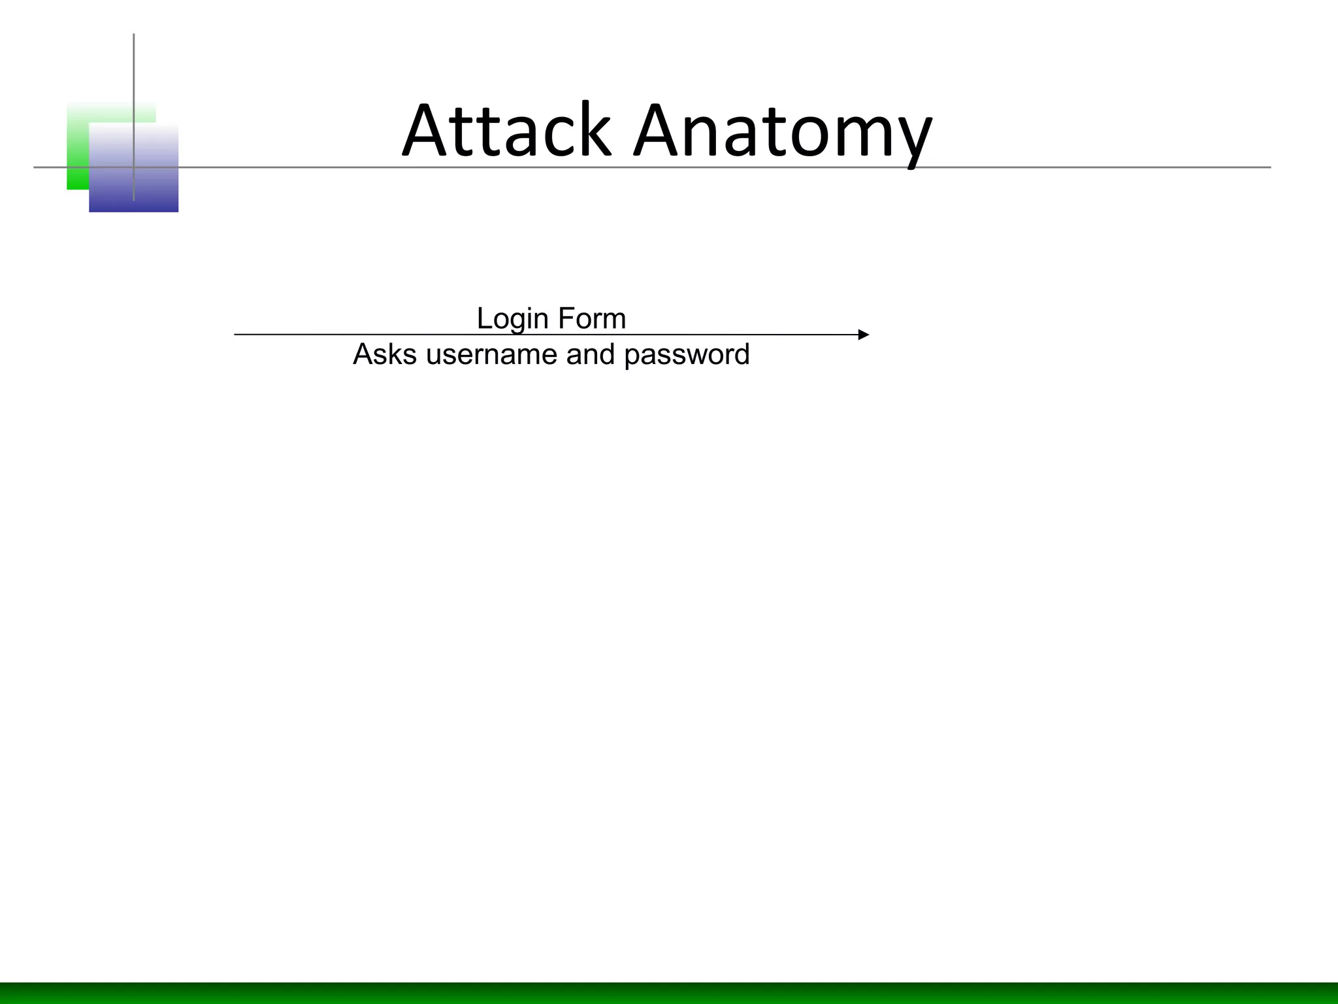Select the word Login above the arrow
(x=512, y=319)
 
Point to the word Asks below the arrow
(x=384, y=354)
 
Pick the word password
(x=687, y=355)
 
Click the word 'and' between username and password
(x=591, y=354)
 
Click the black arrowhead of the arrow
(x=864, y=335)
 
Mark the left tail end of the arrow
(x=236, y=335)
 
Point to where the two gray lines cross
(x=134, y=167)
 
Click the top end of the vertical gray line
(x=134, y=35)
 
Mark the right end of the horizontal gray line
(x=1269, y=167)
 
